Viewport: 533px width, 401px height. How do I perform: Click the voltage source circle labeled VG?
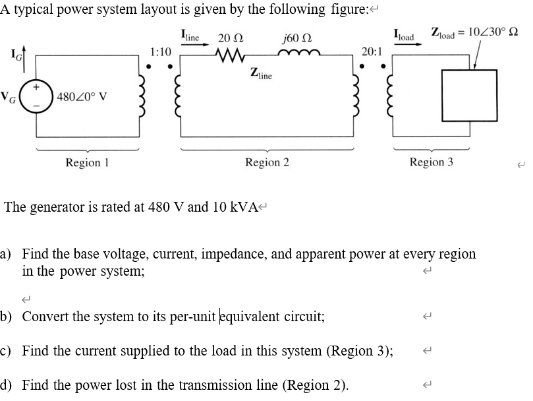pos(33,97)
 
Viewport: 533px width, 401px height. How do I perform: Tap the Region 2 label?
pos(267,162)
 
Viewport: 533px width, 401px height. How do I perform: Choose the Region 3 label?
pos(431,162)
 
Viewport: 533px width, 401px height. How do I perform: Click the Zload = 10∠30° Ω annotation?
pos(474,32)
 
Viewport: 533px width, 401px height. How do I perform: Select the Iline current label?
pos(192,35)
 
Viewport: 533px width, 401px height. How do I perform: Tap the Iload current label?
pos(404,35)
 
